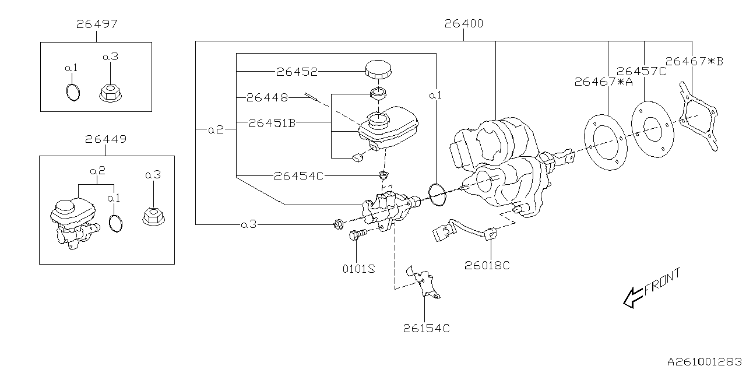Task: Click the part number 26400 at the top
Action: pos(463,24)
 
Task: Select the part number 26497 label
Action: pos(96,24)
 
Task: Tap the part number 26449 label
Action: pos(105,139)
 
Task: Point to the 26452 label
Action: pos(297,72)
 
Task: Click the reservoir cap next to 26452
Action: pos(377,70)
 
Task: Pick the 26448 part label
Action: pos(266,97)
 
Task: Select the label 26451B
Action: pos(272,122)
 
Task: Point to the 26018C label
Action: pos(487,265)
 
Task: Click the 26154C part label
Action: pos(426,328)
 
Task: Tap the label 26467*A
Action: pos(603,82)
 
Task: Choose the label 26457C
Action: pos(641,71)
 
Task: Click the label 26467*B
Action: pos(694,61)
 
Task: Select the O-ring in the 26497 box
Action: pos(72,92)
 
